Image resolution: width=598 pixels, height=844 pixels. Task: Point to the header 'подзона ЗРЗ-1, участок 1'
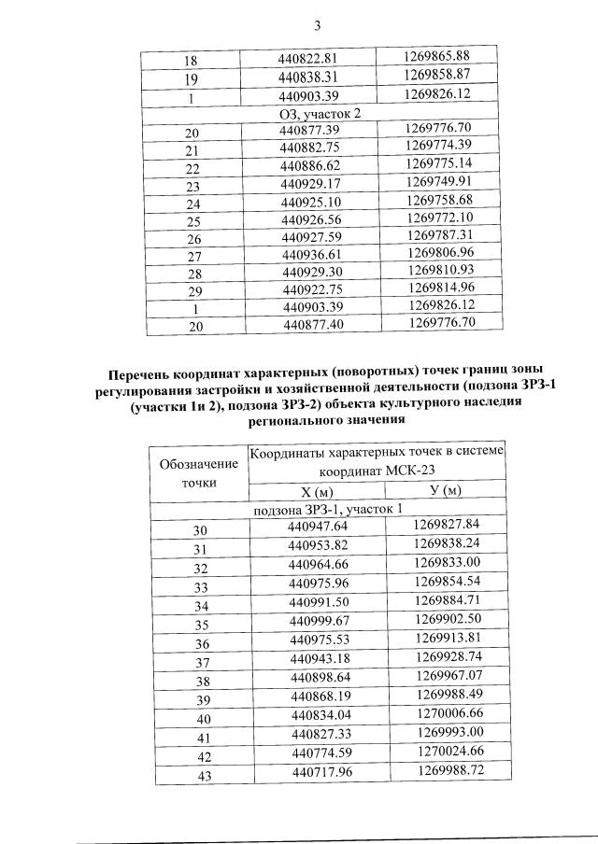328,510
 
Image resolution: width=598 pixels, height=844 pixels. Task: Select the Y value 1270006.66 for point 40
450,717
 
